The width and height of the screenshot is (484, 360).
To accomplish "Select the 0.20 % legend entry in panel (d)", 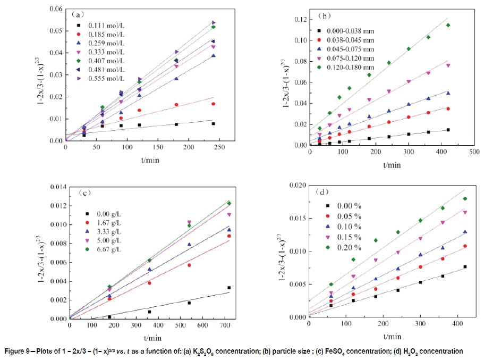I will click(351, 247).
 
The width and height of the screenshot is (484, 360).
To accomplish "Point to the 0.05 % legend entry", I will click(351, 216).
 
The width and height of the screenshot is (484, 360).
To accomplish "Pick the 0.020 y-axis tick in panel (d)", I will click(295, 185).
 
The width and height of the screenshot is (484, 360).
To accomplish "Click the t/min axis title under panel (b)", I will click(392, 165).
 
